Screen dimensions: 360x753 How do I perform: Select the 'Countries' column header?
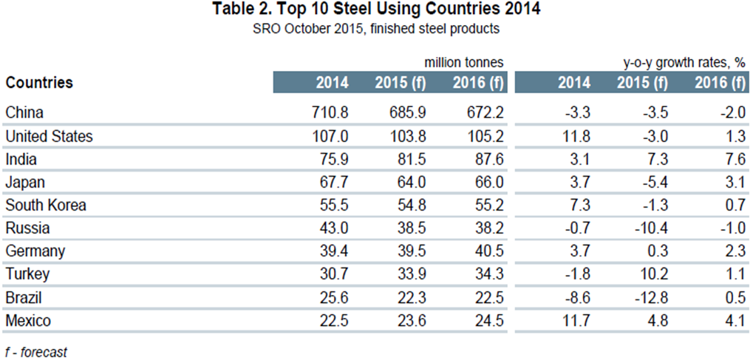click(x=39, y=82)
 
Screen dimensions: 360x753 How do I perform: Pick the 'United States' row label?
click(x=50, y=137)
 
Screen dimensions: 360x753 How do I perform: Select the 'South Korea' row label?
click(x=46, y=206)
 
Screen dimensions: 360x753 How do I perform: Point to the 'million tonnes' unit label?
click(x=464, y=62)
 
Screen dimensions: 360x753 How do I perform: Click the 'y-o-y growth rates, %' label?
click(x=679, y=62)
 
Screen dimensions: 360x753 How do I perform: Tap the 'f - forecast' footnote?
click(x=36, y=352)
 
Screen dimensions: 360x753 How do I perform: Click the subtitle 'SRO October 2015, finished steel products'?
click(x=377, y=29)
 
